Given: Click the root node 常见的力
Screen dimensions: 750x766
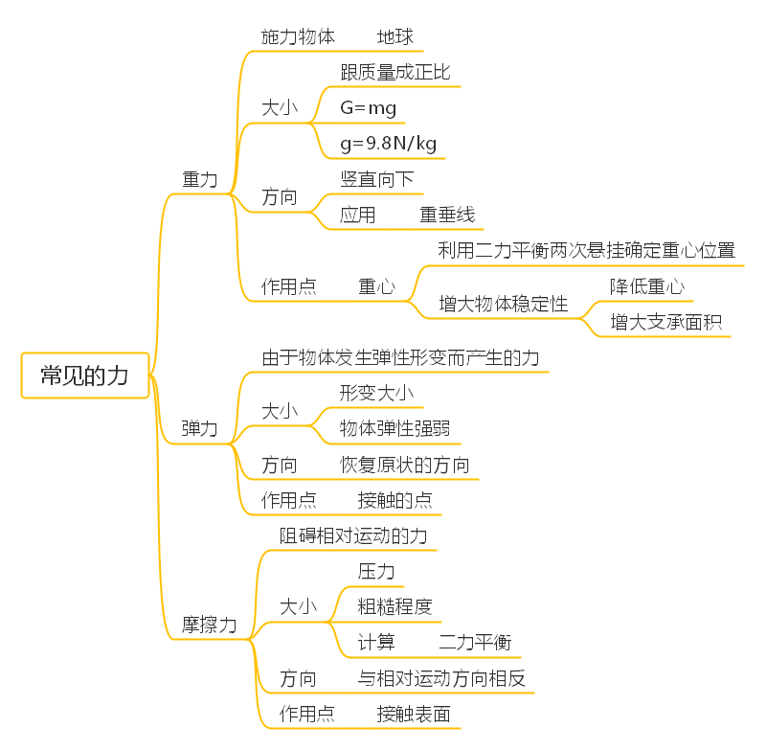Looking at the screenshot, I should [x=84, y=375].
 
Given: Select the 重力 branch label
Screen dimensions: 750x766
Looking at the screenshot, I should [x=200, y=179].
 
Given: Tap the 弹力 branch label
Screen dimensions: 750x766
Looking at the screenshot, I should [x=200, y=429].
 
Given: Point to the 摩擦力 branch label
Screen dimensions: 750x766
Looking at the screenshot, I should [x=210, y=625].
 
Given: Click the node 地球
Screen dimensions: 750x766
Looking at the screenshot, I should [x=395, y=37].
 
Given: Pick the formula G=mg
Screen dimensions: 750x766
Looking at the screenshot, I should [x=368, y=108].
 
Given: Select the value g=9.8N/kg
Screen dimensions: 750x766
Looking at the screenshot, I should [x=388, y=144].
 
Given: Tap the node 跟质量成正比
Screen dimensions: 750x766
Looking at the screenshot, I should [x=395, y=73].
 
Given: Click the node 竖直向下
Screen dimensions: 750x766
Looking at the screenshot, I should [x=377, y=179].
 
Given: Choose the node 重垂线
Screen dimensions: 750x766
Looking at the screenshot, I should [x=447, y=215].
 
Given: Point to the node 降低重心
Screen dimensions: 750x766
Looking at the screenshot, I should [x=646, y=286].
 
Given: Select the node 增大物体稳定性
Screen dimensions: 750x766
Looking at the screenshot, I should [x=503, y=305].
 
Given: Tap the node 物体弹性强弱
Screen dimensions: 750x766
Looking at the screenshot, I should [x=395, y=429].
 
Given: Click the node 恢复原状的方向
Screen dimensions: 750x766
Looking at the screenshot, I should [x=405, y=466].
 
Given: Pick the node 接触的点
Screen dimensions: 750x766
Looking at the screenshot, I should [x=395, y=501].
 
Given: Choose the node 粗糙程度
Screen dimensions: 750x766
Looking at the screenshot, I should [x=394, y=606].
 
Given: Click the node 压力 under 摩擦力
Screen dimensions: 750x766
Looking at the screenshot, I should [x=376, y=571].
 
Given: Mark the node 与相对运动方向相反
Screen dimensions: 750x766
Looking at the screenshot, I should [x=441, y=678].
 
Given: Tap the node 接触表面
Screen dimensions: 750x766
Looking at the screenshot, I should [x=414, y=714].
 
